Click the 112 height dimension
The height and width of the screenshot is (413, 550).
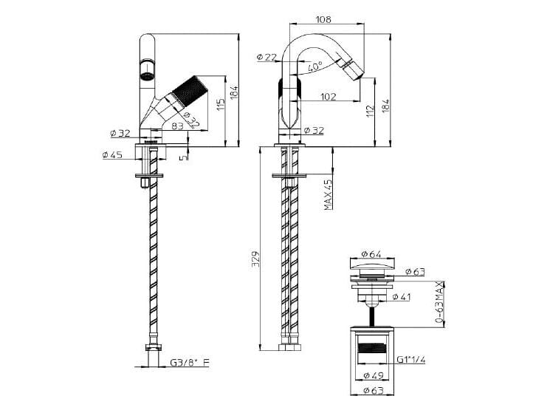click(370, 109)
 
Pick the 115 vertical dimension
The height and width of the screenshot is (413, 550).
click(219, 104)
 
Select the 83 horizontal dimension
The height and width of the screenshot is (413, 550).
click(177, 126)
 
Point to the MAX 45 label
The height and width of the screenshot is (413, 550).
click(328, 194)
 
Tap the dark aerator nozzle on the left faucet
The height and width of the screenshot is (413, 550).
click(146, 72)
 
